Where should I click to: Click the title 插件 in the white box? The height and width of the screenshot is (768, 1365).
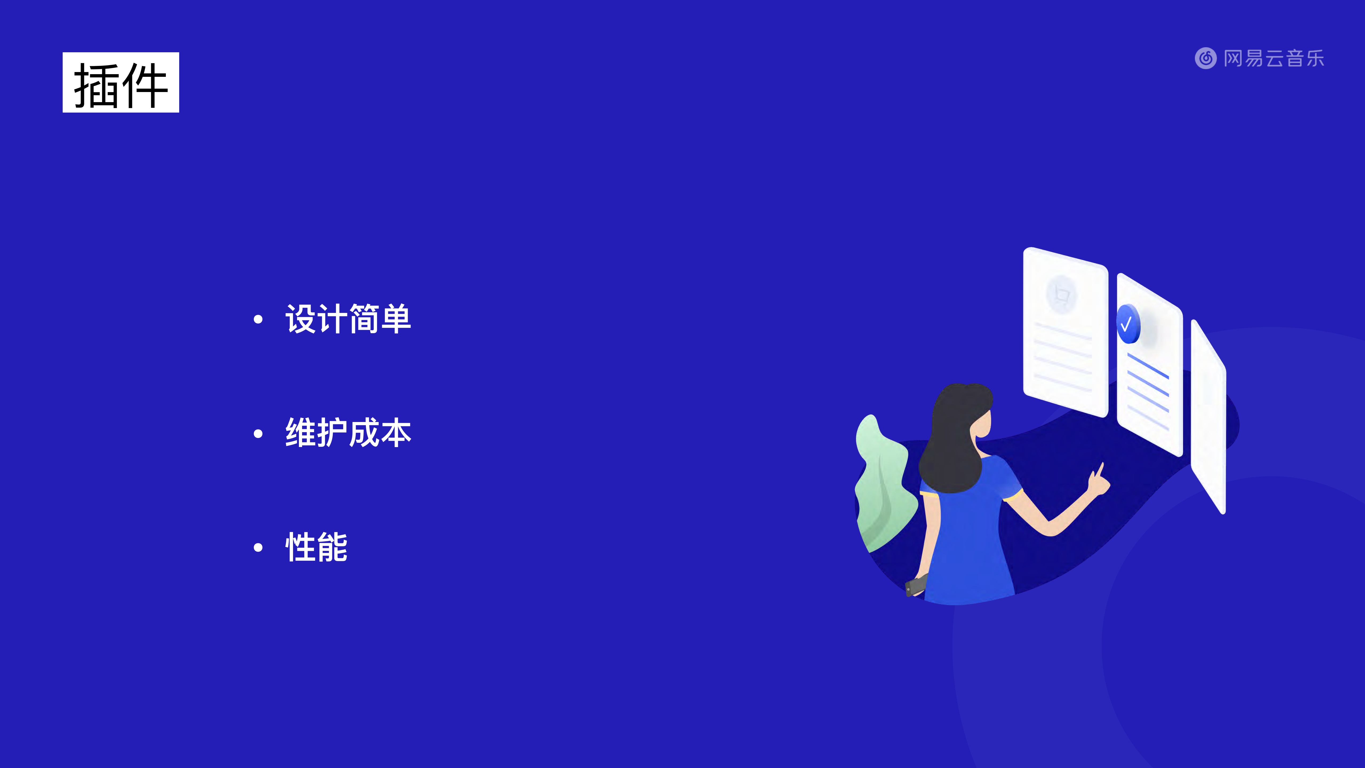(121, 83)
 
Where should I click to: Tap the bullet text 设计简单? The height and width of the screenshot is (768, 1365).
(348, 319)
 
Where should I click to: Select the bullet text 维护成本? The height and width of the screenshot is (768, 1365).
(348, 433)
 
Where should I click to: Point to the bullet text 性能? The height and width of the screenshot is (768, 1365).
(316, 547)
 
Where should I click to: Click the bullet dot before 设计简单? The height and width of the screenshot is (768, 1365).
(258, 319)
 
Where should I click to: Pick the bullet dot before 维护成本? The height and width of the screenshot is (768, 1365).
(258, 433)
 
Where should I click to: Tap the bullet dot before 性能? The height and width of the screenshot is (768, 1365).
(258, 547)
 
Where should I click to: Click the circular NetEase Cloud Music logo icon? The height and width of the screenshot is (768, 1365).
(1206, 58)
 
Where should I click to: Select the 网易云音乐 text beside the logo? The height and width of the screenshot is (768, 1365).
(1274, 58)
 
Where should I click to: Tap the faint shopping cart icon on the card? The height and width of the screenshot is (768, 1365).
(1061, 294)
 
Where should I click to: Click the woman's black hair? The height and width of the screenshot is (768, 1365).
(954, 440)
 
